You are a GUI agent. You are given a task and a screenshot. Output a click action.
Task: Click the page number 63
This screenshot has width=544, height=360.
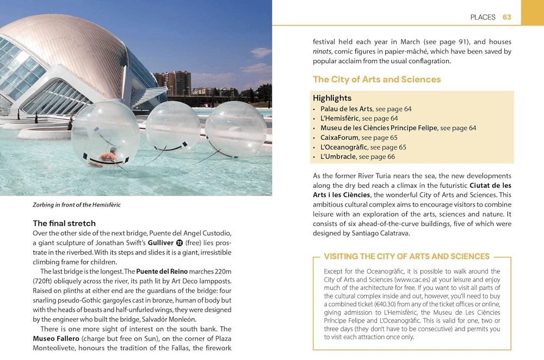point(506,17)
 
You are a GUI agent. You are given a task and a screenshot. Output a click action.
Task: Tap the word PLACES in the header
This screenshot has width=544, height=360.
point(483,17)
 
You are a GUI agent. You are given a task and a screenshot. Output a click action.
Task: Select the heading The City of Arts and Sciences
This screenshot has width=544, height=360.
point(376,79)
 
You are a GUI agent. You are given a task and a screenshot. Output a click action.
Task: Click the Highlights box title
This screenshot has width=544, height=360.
point(332,98)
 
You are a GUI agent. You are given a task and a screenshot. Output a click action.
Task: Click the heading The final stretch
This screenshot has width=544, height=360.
point(64,224)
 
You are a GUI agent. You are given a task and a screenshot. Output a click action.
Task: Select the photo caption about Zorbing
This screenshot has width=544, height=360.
point(77,205)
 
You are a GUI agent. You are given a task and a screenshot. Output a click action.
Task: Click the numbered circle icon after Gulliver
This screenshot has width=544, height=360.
point(180,243)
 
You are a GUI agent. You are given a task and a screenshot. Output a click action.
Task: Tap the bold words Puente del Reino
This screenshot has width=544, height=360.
point(162,271)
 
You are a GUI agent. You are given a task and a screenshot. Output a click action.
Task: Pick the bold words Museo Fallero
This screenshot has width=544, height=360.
point(56,338)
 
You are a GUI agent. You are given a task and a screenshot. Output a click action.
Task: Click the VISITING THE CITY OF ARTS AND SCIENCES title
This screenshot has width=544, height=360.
point(406,257)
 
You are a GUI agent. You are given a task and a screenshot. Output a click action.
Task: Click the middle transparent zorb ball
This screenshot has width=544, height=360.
point(172,128)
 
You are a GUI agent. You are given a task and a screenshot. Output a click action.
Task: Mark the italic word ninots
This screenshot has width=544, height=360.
point(322,52)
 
